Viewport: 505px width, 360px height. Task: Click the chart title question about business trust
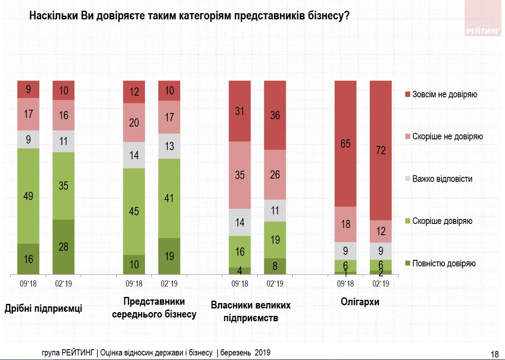(x=189, y=16)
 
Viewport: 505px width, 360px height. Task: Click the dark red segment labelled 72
(x=381, y=151)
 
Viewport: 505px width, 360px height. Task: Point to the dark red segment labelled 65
(x=345, y=144)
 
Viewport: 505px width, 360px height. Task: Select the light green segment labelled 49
(x=28, y=196)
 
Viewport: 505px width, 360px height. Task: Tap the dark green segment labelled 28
(x=63, y=247)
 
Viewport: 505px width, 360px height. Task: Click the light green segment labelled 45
(x=134, y=212)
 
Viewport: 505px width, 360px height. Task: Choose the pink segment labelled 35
(x=240, y=175)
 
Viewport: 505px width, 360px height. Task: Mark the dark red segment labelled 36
(x=275, y=115)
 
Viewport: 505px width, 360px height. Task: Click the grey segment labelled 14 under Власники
(x=240, y=222)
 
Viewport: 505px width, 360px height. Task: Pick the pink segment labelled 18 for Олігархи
(x=345, y=224)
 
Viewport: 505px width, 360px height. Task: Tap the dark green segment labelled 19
(x=169, y=256)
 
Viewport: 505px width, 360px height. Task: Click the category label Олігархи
(x=360, y=302)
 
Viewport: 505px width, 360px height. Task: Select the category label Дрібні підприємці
(x=43, y=308)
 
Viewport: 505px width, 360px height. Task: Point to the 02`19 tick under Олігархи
(x=381, y=284)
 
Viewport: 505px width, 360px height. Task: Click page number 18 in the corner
(x=495, y=354)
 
